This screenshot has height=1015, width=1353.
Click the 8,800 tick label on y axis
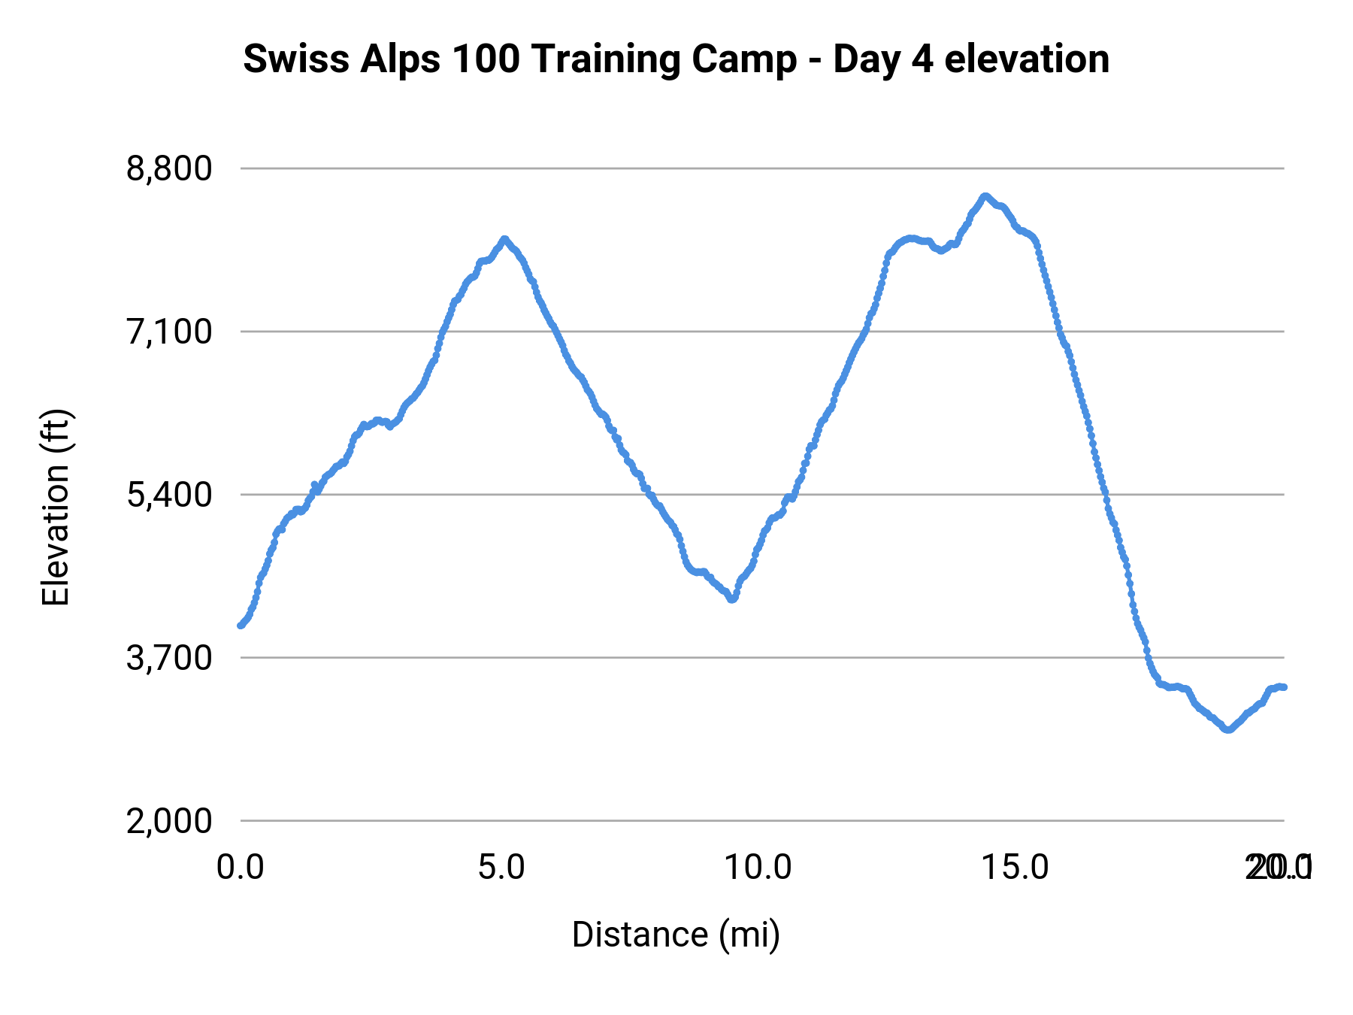(x=169, y=168)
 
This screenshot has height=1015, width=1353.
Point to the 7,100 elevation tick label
(x=169, y=332)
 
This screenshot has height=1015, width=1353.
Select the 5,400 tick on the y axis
(x=169, y=495)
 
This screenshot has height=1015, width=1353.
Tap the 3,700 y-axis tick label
(x=169, y=658)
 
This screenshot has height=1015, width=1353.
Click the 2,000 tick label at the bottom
(x=169, y=821)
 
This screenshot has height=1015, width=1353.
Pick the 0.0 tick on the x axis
(x=241, y=867)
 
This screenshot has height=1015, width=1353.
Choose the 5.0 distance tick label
(x=501, y=867)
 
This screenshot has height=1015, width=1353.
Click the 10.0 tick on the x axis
(x=758, y=867)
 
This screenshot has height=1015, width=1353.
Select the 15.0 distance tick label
(x=1016, y=867)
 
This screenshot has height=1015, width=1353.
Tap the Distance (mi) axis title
(x=676, y=935)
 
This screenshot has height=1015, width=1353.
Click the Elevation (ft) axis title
(x=56, y=507)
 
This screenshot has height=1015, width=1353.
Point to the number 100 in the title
(x=486, y=59)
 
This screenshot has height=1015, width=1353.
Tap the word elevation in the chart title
(x=1027, y=59)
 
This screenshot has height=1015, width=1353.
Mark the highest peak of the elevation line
(x=985, y=196)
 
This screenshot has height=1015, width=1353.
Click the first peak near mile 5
(x=504, y=239)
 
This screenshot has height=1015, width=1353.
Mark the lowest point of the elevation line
(x=1228, y=729)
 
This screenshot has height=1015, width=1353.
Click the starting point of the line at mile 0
(x=241, y=625)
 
